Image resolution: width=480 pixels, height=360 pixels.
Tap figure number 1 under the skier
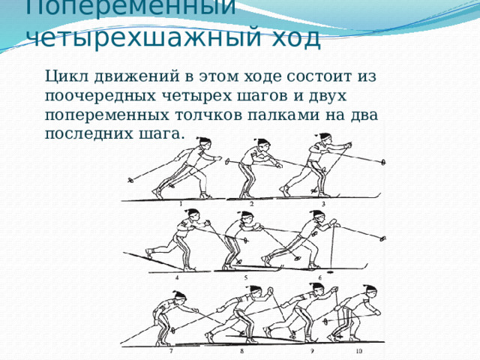tap(181, 203)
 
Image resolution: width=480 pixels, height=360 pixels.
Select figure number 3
tap(323, 203)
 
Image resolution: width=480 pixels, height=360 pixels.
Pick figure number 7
tap(170, 350)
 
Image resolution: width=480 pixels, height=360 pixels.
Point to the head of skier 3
tap(324, 141)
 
